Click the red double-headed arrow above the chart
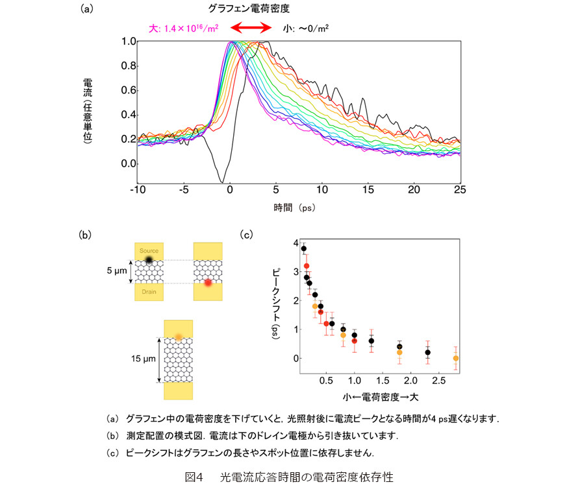tap(251, 27)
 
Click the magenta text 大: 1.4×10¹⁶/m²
tap(184, 29)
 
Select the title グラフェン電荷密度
tap(249, 8)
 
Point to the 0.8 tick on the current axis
tap(129, 66)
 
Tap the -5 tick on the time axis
tap(184, 189)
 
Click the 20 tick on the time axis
tap(414, 189)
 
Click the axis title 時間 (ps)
tap(294, 208)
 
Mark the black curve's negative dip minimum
tap(221, 182)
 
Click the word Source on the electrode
tap(149, 251)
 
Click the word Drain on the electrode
tap(149, 292)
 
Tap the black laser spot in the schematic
tap(149, 260)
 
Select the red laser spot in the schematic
tap(208, 283)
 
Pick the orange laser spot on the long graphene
tap(179, 337)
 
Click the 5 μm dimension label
tap(117, 271)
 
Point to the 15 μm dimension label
tap(144, 359)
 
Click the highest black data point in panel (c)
tap(304, 248)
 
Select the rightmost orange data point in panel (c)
tap(456, 358)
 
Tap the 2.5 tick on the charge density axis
tap(438, 381)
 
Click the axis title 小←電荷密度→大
tap(381, 397)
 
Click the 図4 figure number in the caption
tap(194, 477)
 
